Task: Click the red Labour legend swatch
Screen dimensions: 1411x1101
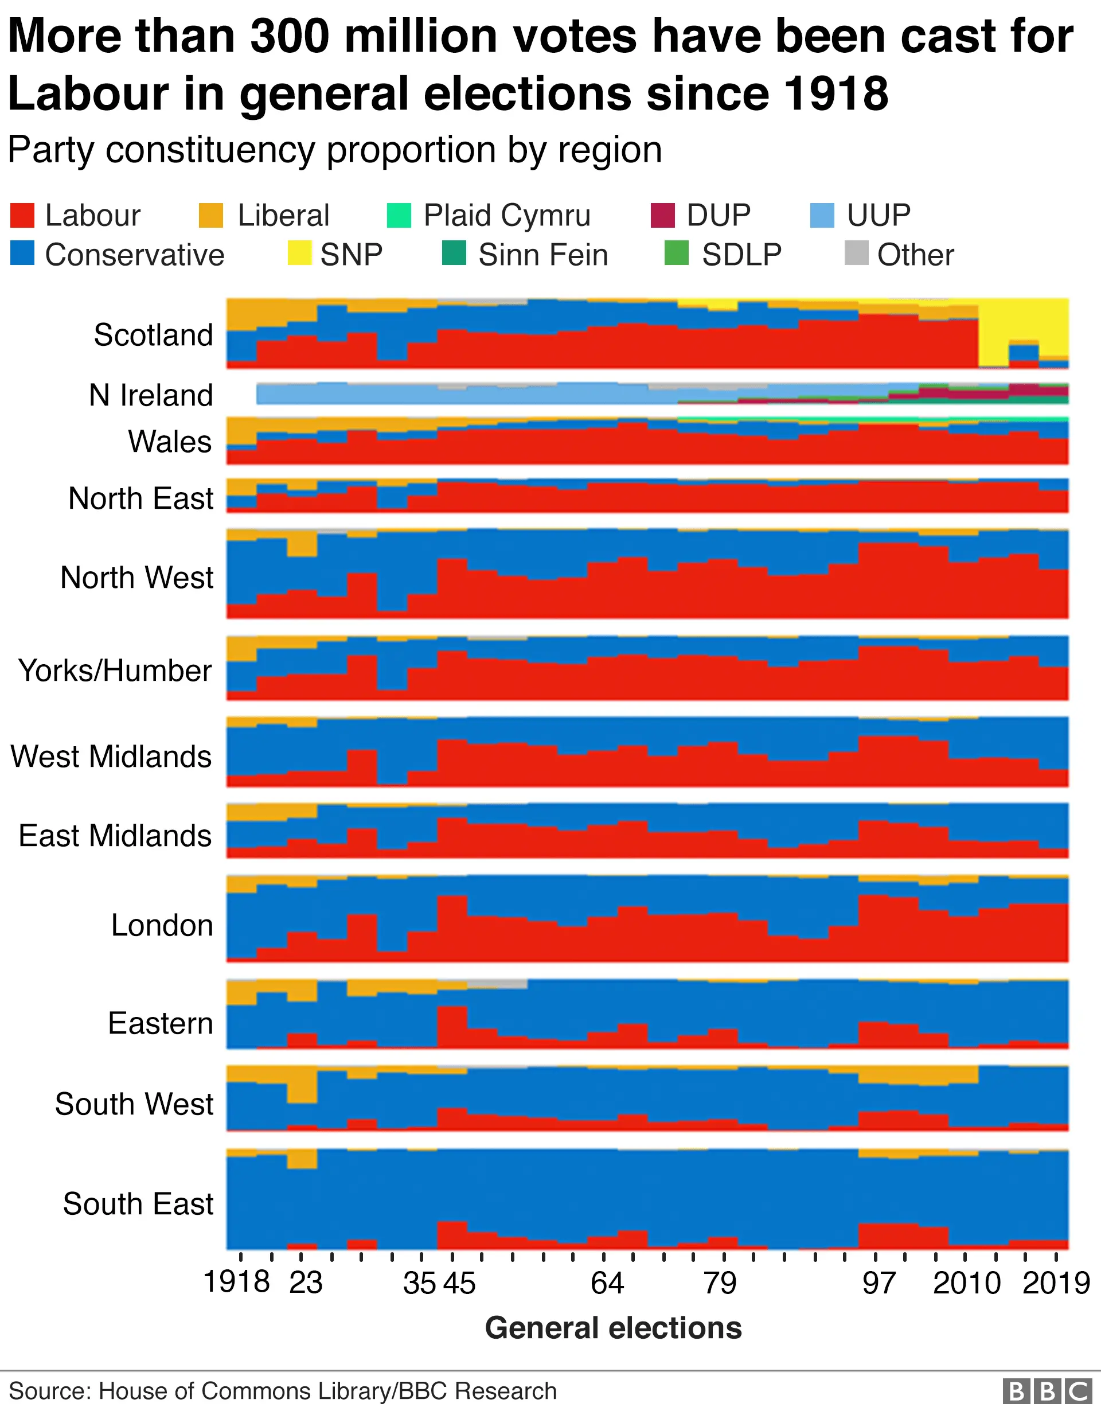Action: tap(22, 215)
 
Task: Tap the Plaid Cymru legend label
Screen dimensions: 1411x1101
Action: tap(507, 215)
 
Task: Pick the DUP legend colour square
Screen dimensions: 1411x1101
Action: tap(662, 215)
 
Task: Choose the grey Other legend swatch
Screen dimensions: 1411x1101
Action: tap(856, 254)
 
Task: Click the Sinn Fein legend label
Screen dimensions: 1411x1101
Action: tap(543, 255)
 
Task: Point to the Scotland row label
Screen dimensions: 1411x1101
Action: tap(153, 334)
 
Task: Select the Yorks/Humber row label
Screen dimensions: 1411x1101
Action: tap(115, 670)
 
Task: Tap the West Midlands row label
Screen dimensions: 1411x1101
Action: tap(111, 756)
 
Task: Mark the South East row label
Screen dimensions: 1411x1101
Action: tap(138, 1203)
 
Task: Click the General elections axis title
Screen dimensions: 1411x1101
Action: tap(613, 1328)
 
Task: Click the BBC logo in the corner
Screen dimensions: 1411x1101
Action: tap(1046, 1391)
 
